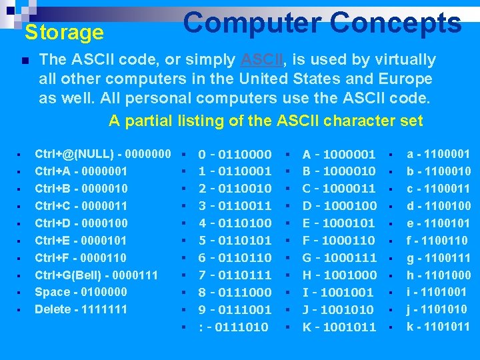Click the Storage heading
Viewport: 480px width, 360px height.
64,32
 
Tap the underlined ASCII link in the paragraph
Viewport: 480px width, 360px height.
262,59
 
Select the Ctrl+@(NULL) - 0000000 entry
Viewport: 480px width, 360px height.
103,154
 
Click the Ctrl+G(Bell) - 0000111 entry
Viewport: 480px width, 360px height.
96,275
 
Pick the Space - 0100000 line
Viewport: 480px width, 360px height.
81,292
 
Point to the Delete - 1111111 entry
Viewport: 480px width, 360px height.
81,309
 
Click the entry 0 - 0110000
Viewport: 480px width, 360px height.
235,154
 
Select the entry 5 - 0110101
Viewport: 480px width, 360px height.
235,240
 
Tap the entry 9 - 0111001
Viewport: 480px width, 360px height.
235,309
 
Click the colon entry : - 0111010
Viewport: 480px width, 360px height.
234,327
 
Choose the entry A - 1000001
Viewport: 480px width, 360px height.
339,154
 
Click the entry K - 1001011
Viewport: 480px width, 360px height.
339,327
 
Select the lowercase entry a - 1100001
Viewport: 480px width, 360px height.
439,154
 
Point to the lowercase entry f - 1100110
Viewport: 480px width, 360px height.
437,240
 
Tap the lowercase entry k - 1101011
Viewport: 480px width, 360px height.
439,327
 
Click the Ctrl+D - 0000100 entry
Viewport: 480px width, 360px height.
81,223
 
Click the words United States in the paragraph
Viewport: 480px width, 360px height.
333,79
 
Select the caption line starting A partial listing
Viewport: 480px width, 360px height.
265,121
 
